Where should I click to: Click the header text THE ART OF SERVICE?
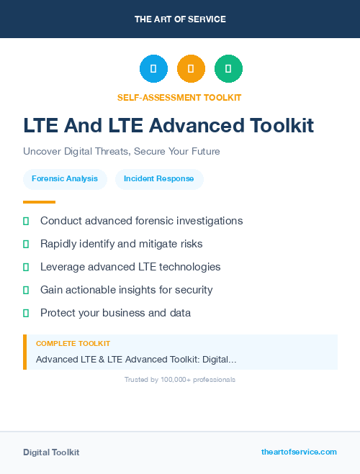pos(180,19)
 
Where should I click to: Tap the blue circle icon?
pos(153,69)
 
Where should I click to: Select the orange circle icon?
pos(191,69)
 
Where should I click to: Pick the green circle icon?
pos(228,69)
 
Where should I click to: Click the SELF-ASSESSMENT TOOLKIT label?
pos(179,97)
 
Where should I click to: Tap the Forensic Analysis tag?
pos(65,178)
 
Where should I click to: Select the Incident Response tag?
pos(159,178)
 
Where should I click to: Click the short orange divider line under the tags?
pos(39,202)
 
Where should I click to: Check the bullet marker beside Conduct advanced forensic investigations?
pos(26,221)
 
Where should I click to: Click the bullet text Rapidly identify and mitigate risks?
pos(121,244)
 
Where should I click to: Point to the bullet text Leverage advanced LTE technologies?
pos(130,267)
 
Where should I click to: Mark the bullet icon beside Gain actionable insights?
pos(26,290)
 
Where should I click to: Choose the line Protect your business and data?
pos(115,313)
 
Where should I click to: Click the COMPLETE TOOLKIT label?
pos(73,344)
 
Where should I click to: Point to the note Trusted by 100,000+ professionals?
pos(179,380)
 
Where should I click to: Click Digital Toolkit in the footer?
pos(51,452)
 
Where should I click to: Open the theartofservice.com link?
pos(299,452)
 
